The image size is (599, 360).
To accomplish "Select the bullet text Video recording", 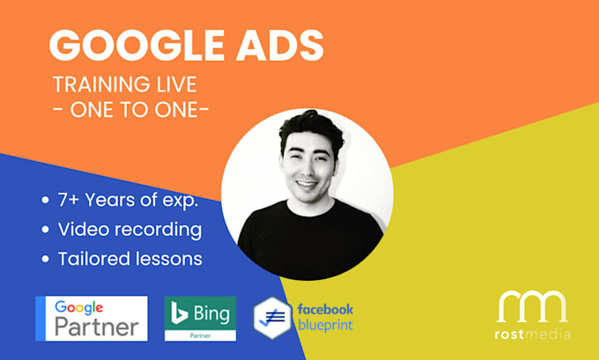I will tap(129, 230).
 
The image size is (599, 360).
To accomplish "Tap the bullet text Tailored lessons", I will tap(129, 259).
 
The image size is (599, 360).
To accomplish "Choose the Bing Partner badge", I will tap(200, 318).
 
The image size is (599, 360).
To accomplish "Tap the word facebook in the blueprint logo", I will tap(325, 309).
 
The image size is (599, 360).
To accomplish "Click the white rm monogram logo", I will tap(532, 305).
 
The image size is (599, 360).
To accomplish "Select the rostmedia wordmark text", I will tap(532, 334).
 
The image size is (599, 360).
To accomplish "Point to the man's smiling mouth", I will tap(306, 186).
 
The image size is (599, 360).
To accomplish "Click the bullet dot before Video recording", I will tap(46, 231).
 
